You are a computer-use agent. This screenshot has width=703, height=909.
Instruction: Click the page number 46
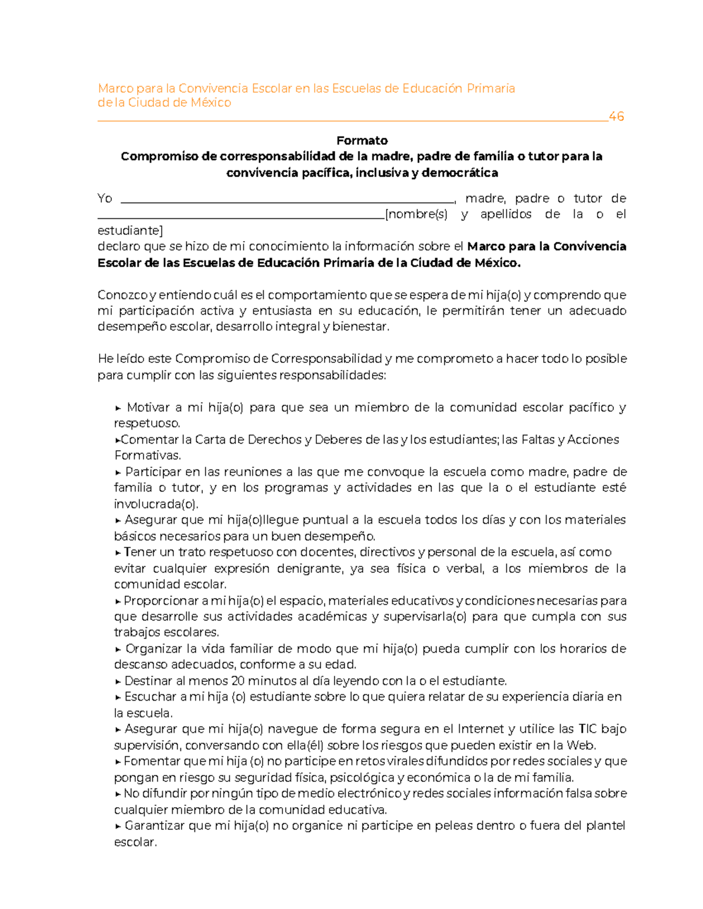[616, 116]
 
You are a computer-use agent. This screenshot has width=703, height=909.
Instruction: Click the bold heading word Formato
[361, 140]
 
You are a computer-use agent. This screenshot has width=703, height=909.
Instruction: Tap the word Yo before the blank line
[105, 198]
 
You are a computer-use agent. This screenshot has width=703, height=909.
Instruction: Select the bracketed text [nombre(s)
[416, 214]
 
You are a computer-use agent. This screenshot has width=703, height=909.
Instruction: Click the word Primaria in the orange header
[490, 88]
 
